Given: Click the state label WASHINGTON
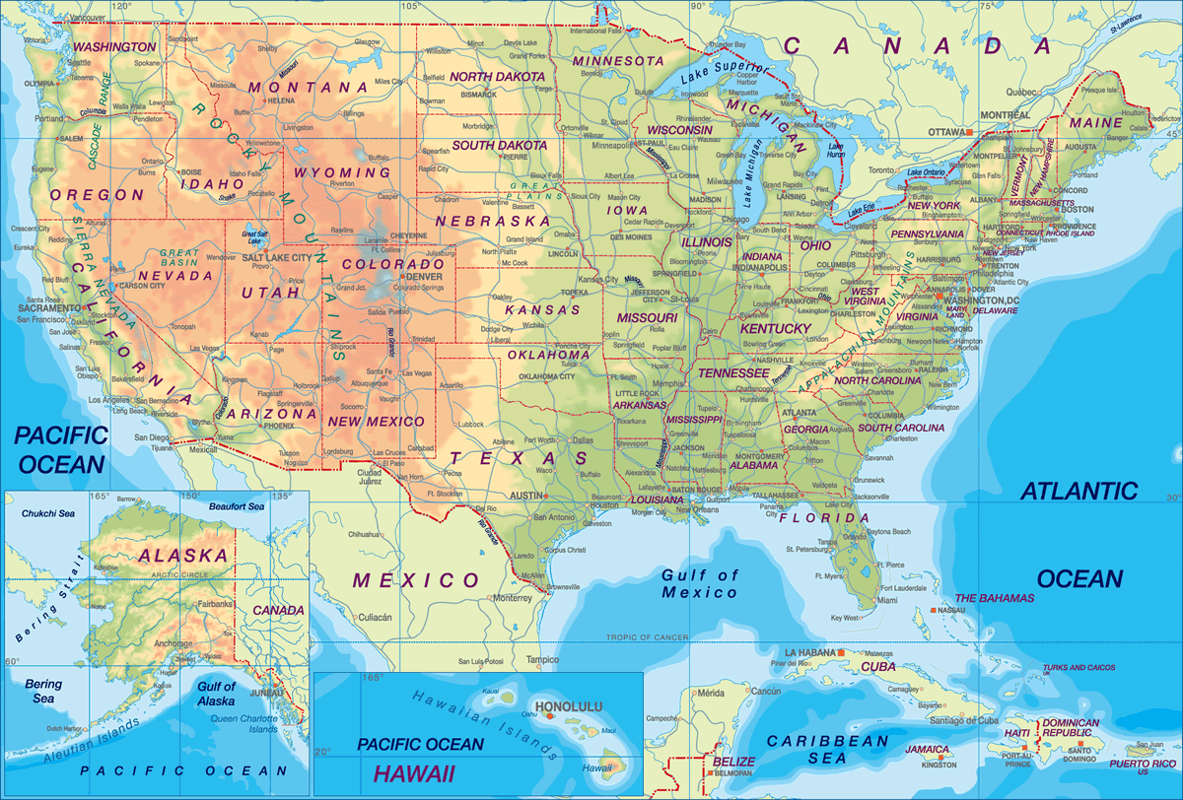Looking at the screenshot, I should (x=115, y=46).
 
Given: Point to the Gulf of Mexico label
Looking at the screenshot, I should (x=698, y=583).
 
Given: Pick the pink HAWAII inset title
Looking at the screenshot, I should (x=414, y=773).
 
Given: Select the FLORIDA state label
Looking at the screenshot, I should (x=823, y=517).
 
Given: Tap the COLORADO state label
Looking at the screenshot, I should (x=392, y=265).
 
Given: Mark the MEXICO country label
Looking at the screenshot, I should (x=416, y=579).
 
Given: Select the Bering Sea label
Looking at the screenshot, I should (x=42, y=691).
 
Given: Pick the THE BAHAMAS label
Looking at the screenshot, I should (x=995, y=598).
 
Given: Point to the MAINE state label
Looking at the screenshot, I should (x=1095, y=123).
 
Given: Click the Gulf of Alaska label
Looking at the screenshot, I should (x=216, y=694).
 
